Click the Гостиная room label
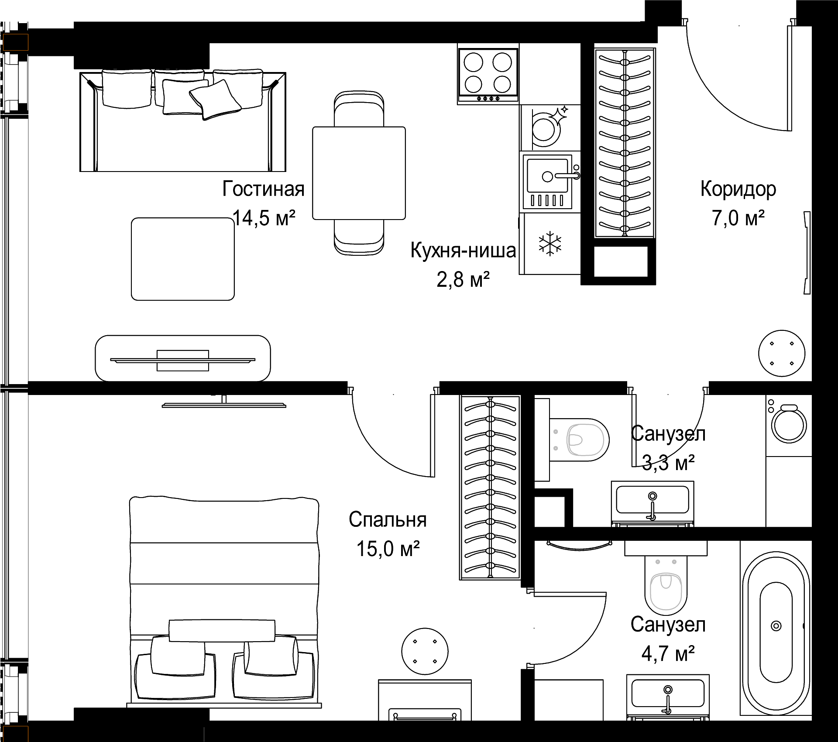click(x=263, y=189)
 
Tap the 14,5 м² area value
click(x=264, y=218)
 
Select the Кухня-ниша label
click(x=463, y=251)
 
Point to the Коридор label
click(x=738, y=189)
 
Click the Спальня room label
click(x=388, y=519)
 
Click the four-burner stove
click(x=488, y=75)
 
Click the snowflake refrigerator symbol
click(x=550, y=244)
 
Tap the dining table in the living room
click(x=359, y=173)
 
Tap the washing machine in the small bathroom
click(x=789, y=426)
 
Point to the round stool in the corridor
click(x=782, y=353)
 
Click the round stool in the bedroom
click(x=425, y=651)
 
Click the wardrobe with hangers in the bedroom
click(x=490, y=488)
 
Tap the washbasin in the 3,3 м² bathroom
click(x=653, y=503)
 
